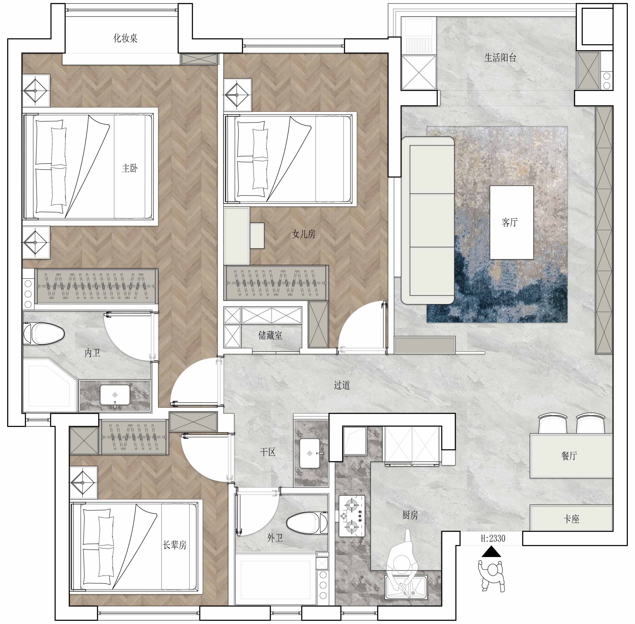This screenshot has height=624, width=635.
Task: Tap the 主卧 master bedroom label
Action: click(130, 169)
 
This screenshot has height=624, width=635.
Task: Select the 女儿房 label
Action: click(303, 234)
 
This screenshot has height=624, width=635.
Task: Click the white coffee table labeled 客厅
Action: click(511, 222)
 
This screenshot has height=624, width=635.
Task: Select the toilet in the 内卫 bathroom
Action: click(44, 334)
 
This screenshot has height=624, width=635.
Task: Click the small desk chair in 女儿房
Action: click(257, 235)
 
